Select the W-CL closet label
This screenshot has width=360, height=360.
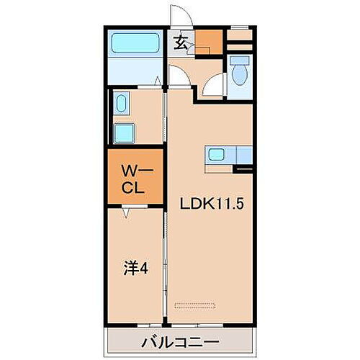(x=133, y=180)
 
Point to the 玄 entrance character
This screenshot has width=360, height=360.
(x=181, y=42)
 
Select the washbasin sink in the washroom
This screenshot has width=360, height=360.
(x=122, y=104)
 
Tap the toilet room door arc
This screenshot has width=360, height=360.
(x=214, y=87)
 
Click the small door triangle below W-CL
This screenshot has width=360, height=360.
(x=127, y=213)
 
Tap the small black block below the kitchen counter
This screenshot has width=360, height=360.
(x=245, y=170)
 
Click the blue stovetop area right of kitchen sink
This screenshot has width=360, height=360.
(x=244, y=154)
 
